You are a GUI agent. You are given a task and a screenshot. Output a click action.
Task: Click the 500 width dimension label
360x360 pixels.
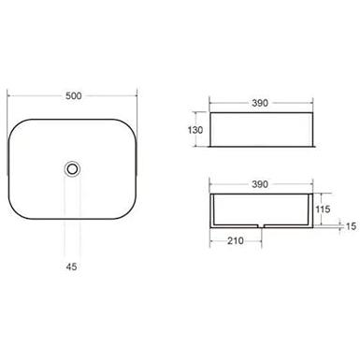[x=74, y=95]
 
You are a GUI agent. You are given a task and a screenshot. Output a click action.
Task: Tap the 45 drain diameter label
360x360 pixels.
[x=71, y=266]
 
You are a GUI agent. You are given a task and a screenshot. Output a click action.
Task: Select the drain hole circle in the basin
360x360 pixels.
[x=72, y=169]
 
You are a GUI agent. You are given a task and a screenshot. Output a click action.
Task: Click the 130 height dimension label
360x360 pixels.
[x=195, y=130]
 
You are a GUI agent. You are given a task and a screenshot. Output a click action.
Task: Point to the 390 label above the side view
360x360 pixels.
[x=260, y=103]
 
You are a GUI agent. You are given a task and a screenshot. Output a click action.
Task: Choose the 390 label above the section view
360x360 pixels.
[x=260, y=184]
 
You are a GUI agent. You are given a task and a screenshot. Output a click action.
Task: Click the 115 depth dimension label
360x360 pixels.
[x=323, y=209]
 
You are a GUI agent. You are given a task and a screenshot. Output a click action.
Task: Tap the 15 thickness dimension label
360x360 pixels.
[x=351, y=226]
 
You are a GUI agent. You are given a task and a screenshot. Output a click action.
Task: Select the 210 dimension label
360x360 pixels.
[x=236, y=240]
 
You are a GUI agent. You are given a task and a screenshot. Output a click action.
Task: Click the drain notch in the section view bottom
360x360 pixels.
[x=261, y=225]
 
